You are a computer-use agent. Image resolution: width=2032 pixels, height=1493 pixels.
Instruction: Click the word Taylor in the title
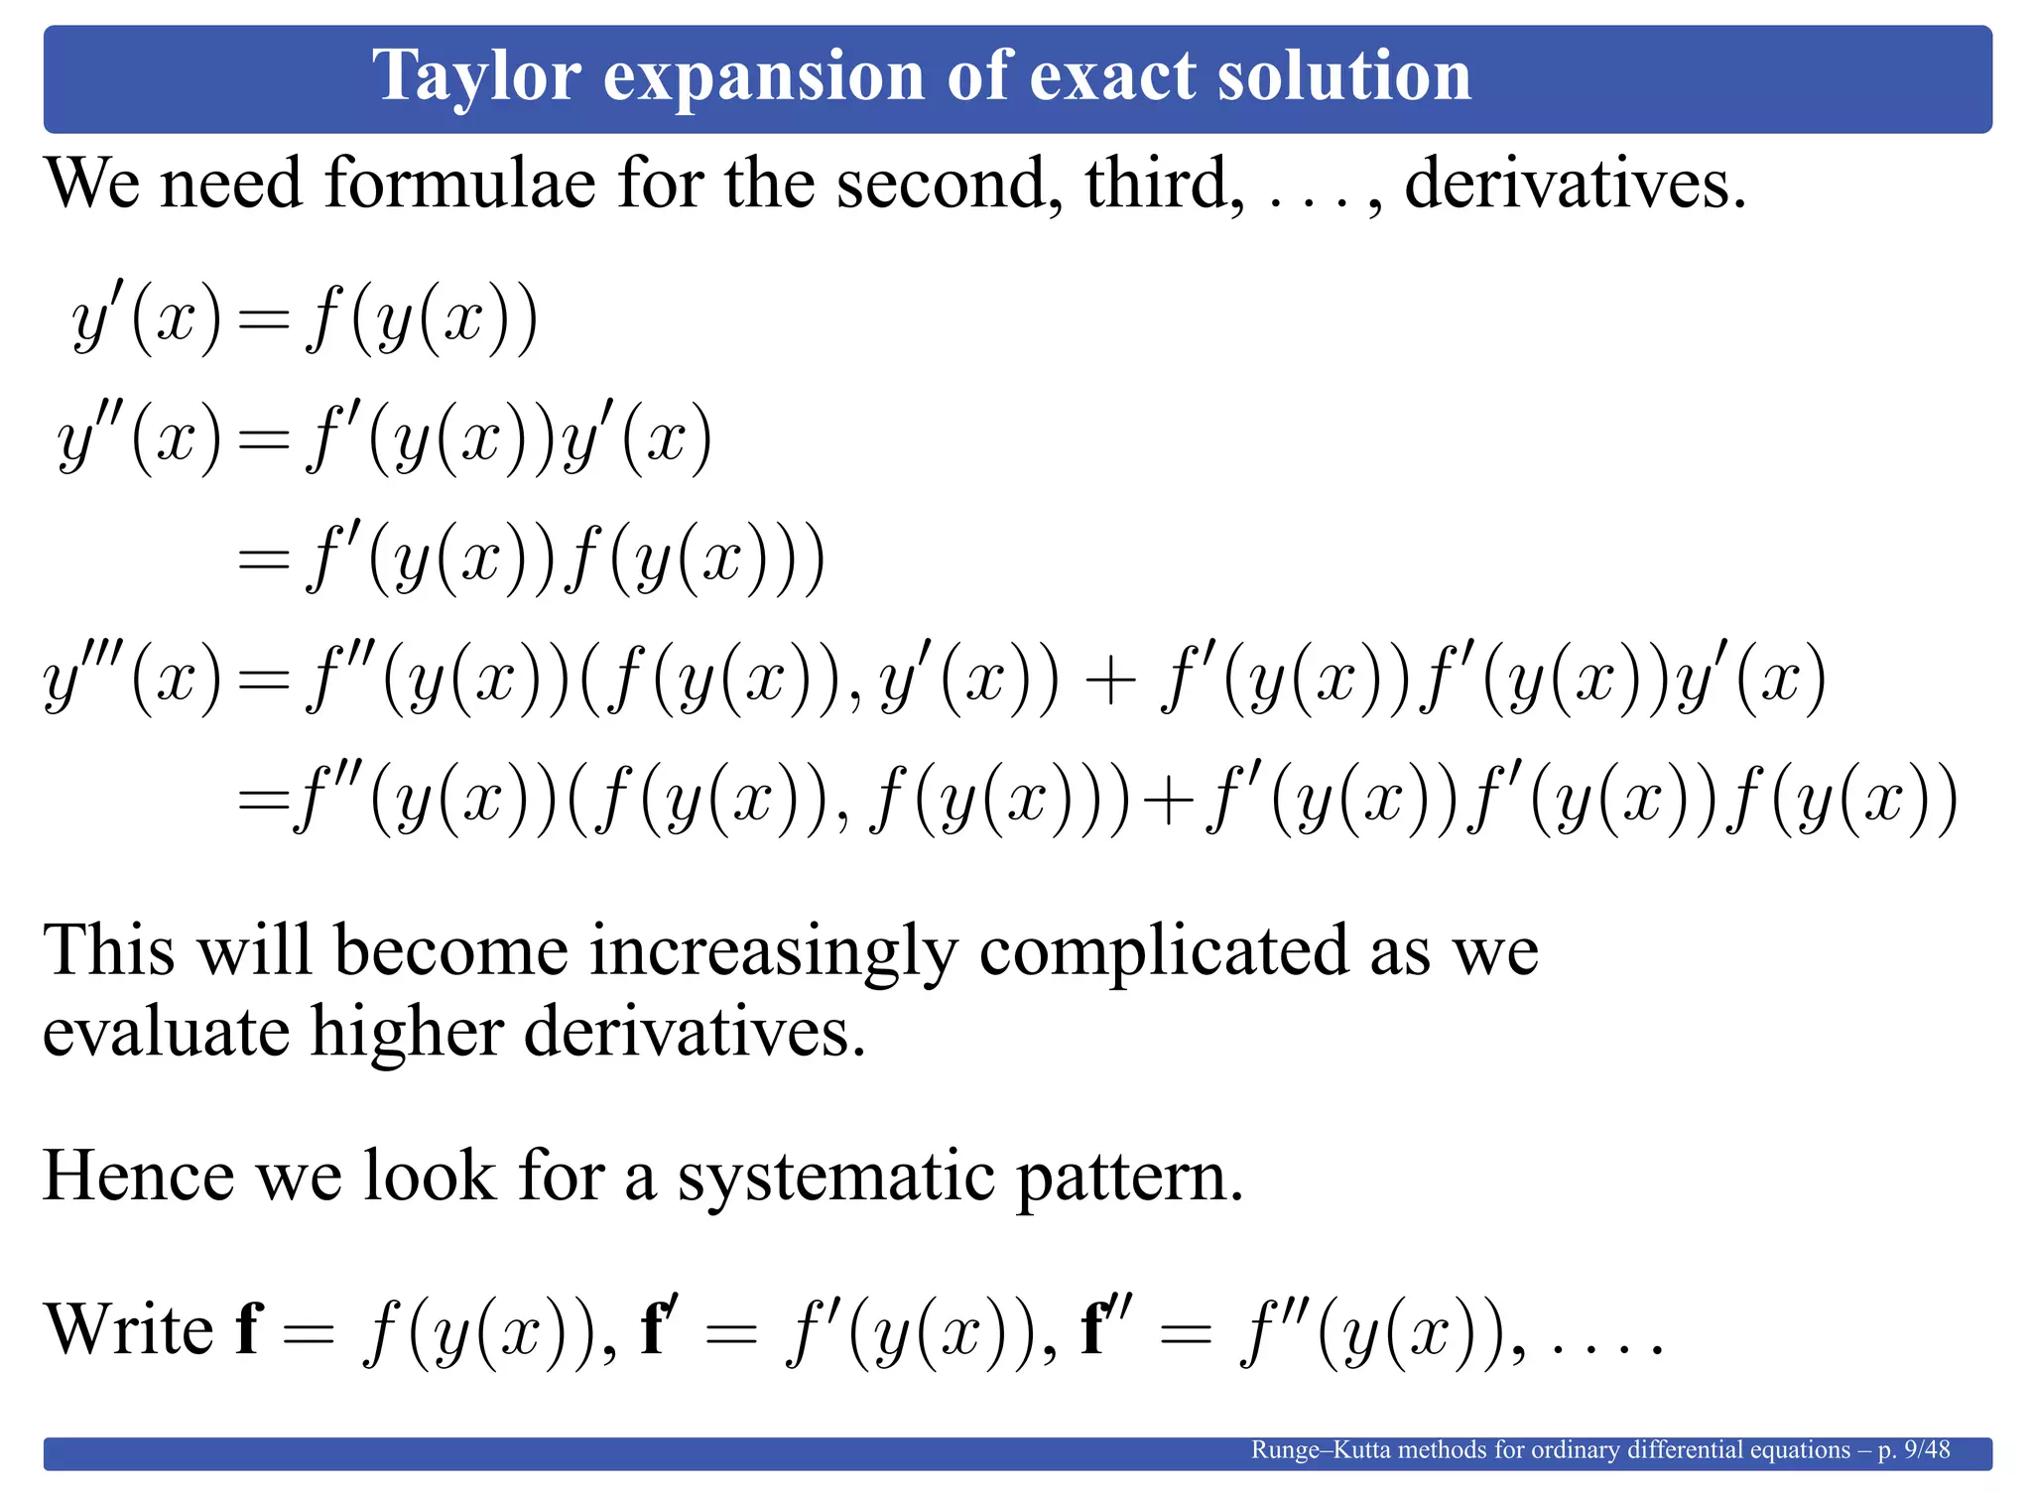476,77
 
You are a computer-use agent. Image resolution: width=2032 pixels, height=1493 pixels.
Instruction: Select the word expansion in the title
764,77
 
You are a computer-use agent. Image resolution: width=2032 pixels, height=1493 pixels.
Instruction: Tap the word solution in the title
1344,77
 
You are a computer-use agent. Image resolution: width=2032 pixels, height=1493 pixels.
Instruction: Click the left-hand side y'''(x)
133,681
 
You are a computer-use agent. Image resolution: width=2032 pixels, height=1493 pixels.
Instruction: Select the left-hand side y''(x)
139,440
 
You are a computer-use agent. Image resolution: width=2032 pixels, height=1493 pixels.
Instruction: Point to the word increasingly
774,951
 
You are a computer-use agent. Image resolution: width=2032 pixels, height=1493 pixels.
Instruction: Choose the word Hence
138,1177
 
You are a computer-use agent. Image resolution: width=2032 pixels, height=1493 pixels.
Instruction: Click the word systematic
835,1177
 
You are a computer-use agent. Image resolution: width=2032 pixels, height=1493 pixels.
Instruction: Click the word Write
129,1329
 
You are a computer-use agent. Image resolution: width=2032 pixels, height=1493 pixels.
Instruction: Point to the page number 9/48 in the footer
1927,1450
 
